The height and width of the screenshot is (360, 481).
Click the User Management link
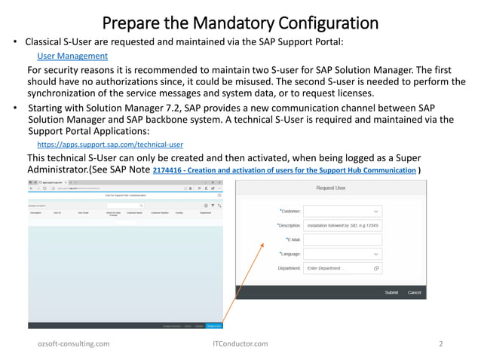tap(72, 56)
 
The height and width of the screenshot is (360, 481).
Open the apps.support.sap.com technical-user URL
tap(110, 144)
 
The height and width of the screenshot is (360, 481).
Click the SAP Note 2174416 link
tap(283, 171)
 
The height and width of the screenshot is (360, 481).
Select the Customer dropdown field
tap(342, 212)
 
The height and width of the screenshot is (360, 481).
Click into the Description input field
tap(342, 225)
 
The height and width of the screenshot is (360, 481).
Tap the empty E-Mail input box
tap(342, 239)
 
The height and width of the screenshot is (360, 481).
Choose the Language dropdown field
tap(342, 254)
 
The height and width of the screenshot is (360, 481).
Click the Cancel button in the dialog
tap(414, 291)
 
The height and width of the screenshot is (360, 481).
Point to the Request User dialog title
tap(331, 188)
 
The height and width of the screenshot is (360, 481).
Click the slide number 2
tap(440, 343)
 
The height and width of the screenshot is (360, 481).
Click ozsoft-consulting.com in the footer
tap(74, 343)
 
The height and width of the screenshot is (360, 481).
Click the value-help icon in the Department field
tap(376, 268)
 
